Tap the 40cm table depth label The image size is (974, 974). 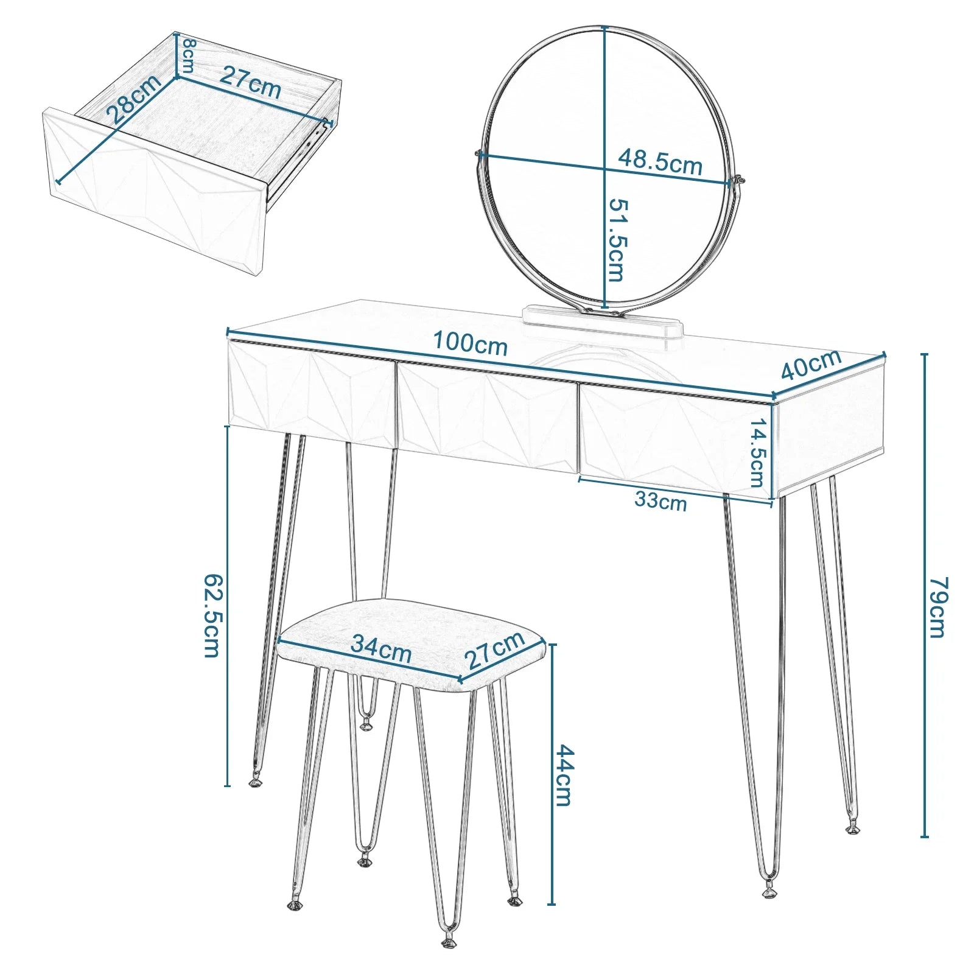(810, 364)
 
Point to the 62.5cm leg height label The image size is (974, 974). (211, 615)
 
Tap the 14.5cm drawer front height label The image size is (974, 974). (757, 453)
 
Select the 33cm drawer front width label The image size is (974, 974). (660, 500)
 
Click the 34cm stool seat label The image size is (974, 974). (381, 649)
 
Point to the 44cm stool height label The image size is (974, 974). (563, 775)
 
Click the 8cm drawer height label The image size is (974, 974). (188, 55)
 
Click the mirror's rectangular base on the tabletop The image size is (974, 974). (603, 321)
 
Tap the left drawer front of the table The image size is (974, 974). (312, 393)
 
